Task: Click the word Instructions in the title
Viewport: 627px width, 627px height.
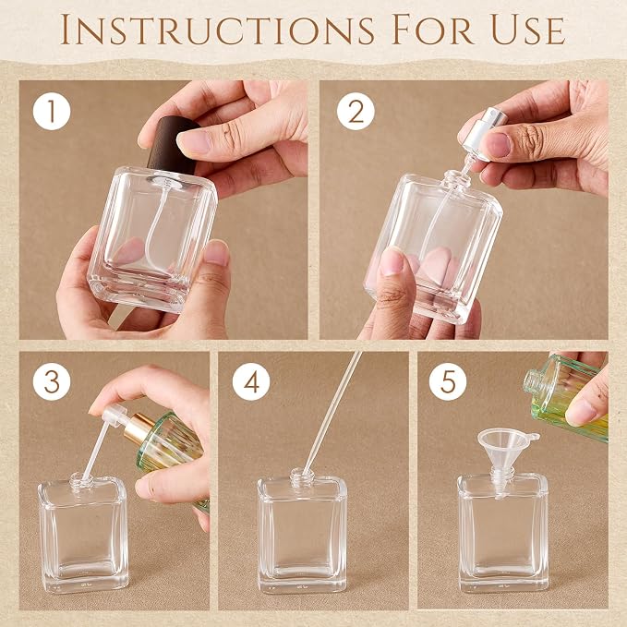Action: (217, 30)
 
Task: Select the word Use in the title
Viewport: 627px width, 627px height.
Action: (527, 30)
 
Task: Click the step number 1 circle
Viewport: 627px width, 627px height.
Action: (52, 111)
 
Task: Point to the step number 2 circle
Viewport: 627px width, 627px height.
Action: (356, 111)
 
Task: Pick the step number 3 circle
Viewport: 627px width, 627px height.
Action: (52, 381)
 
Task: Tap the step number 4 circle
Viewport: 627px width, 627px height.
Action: (251, 381)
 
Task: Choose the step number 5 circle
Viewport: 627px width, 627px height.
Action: (448, 381)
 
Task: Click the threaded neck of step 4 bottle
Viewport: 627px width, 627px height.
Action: (302, 477)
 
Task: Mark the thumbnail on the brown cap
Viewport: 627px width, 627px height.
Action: (194, 142)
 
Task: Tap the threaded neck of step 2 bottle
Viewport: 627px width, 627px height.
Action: (457, 179)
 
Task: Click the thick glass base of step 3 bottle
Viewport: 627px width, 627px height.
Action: (85, 579)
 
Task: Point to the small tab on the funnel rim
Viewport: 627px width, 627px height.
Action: (534, 436)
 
